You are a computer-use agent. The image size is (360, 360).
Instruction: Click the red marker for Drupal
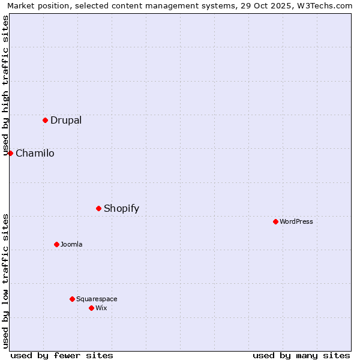coord(45,120)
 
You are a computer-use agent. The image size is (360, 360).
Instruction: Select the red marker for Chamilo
coord(10,153)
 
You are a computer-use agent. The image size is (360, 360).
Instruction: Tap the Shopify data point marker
coord(98,208)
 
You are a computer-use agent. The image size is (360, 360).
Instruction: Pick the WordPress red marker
coord(275,221)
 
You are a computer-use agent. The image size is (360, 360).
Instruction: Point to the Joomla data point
coord(56,244)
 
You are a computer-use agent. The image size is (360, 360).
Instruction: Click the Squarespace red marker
coord(72,299)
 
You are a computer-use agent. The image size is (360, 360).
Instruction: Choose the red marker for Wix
coord(91,308)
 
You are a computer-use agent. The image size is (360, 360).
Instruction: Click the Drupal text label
coord(66,120)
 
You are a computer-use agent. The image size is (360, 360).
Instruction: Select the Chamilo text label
coord(35,153)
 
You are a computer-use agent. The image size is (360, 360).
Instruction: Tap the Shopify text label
coord(121,209)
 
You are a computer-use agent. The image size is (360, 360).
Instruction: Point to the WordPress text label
coord(296,221)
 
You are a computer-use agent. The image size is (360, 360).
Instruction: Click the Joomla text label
coord(71,244)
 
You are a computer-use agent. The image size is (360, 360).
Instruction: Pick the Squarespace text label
coord(97,299)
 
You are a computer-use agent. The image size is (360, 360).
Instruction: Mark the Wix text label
coord(101,308)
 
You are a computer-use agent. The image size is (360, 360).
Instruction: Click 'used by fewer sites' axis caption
coord(62,355)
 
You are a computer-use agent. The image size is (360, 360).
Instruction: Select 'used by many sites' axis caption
coord(301,355)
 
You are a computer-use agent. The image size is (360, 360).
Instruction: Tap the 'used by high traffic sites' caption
coord(6,85)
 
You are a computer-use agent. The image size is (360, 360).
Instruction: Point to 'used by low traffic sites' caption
coord(6,281)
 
